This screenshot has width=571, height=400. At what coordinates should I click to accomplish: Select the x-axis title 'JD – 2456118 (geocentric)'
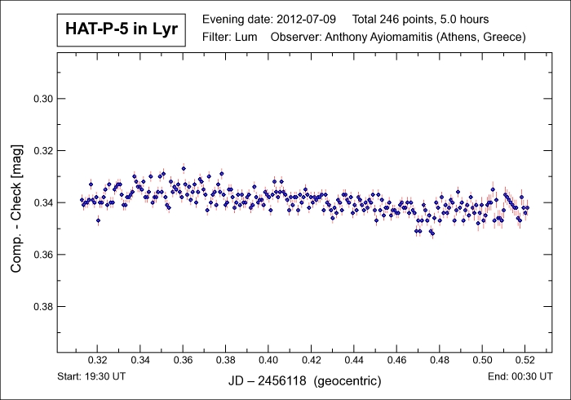(303, 380)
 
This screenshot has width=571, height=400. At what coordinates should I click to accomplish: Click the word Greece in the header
(505, 38)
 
